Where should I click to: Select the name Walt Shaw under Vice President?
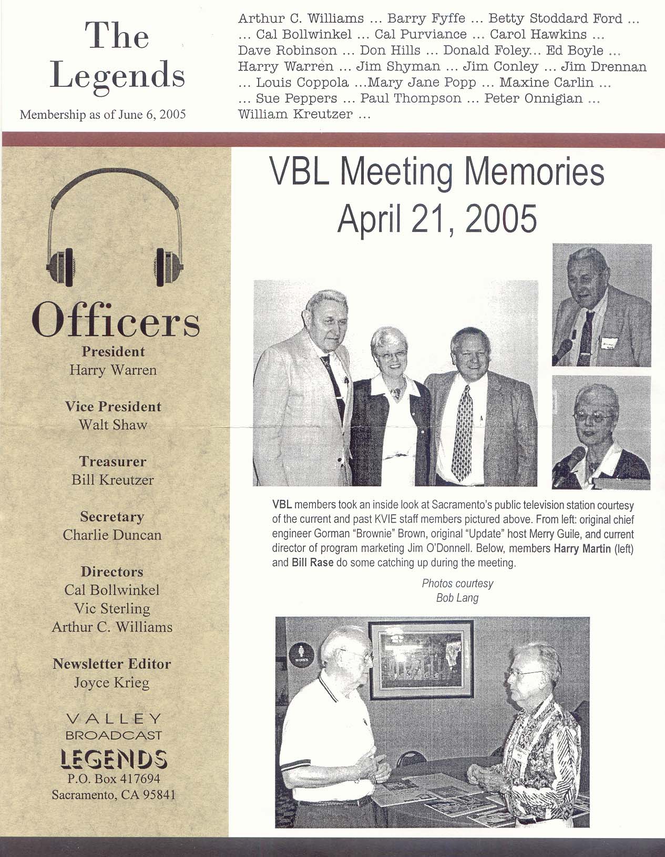click(x=113, y=425)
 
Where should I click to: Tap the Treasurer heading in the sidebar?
click(x=113, y=462)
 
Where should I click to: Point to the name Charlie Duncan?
click(x=112, y=535)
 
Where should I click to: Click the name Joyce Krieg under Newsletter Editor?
click(x=112, y=683)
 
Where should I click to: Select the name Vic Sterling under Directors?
click(x=112, y=609)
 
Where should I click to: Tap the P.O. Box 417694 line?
click(x=114, y=779)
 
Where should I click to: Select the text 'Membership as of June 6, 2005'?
click(x=103, y=115)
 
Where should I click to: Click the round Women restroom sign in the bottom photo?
click(x=302, y=655)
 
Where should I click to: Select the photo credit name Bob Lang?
click(x=457, y=598)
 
